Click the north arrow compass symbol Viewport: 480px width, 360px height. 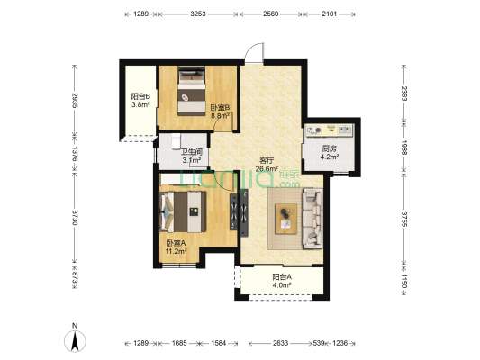coord(75,340)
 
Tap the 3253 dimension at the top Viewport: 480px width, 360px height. coord(198,13)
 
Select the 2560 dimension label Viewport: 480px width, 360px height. coord(270,13)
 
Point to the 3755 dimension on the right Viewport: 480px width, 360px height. coord(404,219)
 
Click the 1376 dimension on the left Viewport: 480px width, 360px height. coord(75,154)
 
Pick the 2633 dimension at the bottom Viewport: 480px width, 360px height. coord(280,343)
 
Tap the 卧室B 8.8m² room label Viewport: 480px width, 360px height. coord(220,112)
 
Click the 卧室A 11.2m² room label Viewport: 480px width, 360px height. coord(176,247)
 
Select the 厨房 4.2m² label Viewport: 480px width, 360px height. coord(330,153)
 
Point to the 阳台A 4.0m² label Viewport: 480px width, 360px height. coord(282,281)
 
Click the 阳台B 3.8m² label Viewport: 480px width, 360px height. coord(140,101)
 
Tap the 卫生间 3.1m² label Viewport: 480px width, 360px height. coord(192,156)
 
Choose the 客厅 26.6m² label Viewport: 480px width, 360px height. coord(267,165)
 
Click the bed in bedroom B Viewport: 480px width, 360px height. coord(192,91)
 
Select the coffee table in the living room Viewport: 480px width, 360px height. coord(286,219)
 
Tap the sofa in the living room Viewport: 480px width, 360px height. coord(312,219)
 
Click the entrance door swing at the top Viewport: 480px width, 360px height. coord(254,53)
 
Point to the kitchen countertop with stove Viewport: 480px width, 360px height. coord(329,130)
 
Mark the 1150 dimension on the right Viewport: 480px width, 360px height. coord(404,281)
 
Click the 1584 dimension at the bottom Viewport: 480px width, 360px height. coord(219,343)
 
